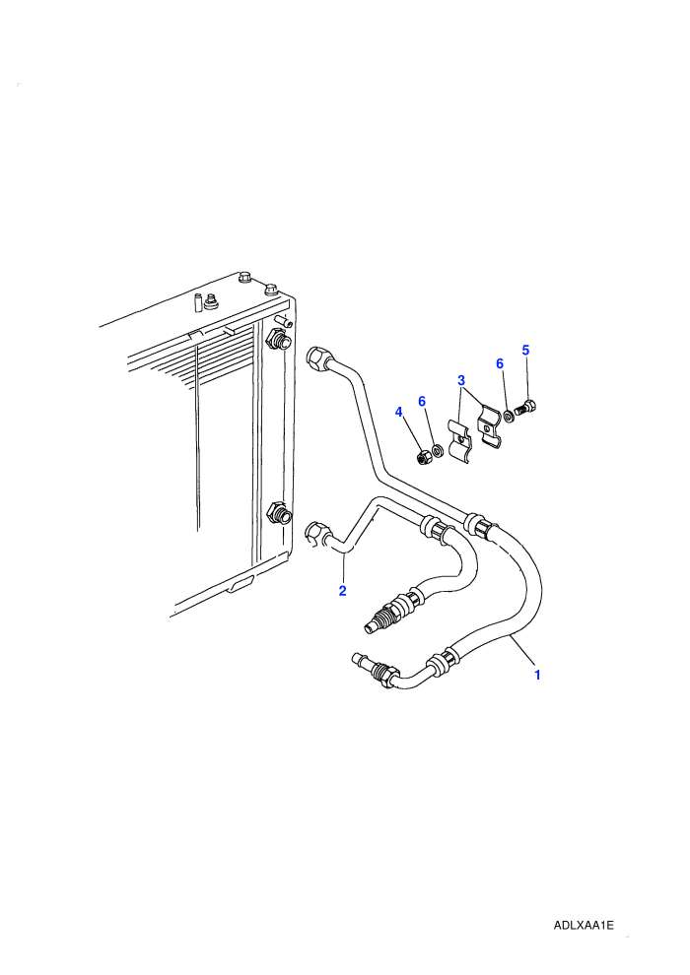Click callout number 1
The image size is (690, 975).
(x=537, y=675)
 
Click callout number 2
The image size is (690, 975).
(x=342, y=591)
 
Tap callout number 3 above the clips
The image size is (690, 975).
(x=461, y=380)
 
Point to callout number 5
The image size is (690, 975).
(x=525, y=350)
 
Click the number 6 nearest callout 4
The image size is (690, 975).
(x=422, y=401)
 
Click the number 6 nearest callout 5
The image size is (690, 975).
(x=500, y=363)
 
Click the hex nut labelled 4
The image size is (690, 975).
(x=422, y=458)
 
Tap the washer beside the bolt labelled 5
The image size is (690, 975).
(x=508, y=415)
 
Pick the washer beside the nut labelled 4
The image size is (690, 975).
(x=438, y=449)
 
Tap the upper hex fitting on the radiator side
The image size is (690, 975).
(x=276, y=340)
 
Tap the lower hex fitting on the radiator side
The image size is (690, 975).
(x=277, y=515)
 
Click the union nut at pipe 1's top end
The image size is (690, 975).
(x=318, y=358)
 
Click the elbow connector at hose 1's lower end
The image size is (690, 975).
(x=375, y=670)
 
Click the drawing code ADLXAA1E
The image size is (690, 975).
(x=584, y=926)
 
